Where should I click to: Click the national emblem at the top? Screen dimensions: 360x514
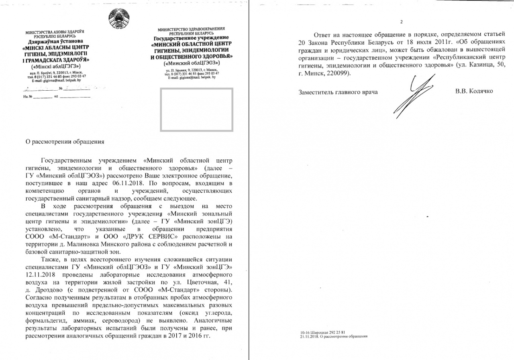pos(119,18)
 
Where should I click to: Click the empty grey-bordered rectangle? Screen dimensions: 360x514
pos(196,110)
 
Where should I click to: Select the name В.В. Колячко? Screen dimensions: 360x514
pos(474,92)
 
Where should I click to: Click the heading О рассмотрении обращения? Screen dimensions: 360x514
pos(65,142)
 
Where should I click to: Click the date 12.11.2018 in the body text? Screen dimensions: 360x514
pos(41,275)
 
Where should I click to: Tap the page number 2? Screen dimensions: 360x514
pos(401,22)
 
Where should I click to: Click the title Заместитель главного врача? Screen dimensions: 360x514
pos(338,92)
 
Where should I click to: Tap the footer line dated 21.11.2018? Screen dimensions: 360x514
pos(334,337)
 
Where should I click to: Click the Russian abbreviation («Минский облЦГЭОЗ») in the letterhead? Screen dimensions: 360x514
pos(192,63)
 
